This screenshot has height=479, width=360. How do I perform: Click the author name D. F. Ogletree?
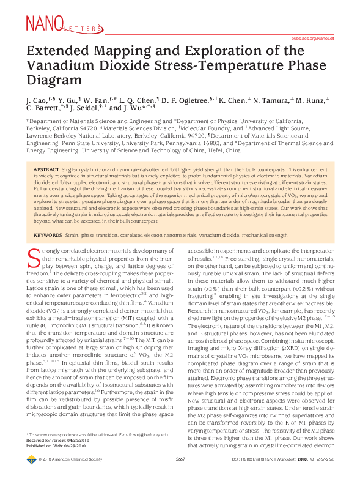click(187, 99)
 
